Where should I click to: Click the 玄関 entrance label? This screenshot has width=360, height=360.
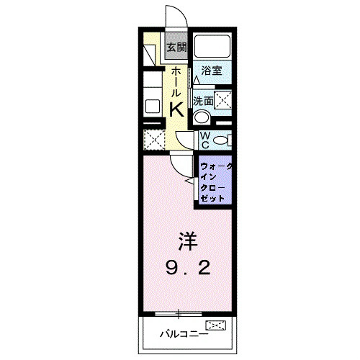pyautogui.click(x=176, y=48)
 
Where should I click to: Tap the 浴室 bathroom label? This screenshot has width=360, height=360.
pyautogui.click(x=212, y=71)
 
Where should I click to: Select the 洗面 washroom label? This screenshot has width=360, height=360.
pyautogui.click(x=203, y=101)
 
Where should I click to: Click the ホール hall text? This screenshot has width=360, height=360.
pyautogui.click(x=176, y=80)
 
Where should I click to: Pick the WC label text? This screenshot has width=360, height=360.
pyautogui.click(x=204, y=140)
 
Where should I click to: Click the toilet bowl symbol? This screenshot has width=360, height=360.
pyautogui.click(x=222, y=139)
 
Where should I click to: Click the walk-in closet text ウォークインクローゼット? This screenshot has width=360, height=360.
pyautogui.click(x=215, y=182)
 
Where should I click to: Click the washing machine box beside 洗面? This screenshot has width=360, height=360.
pyautogui.click(x=222, y=100)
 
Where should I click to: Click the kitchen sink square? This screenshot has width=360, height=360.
pyautogui.click(x=153, y=106)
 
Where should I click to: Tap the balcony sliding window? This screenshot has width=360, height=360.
pyautogui.click(x=178, y=312)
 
